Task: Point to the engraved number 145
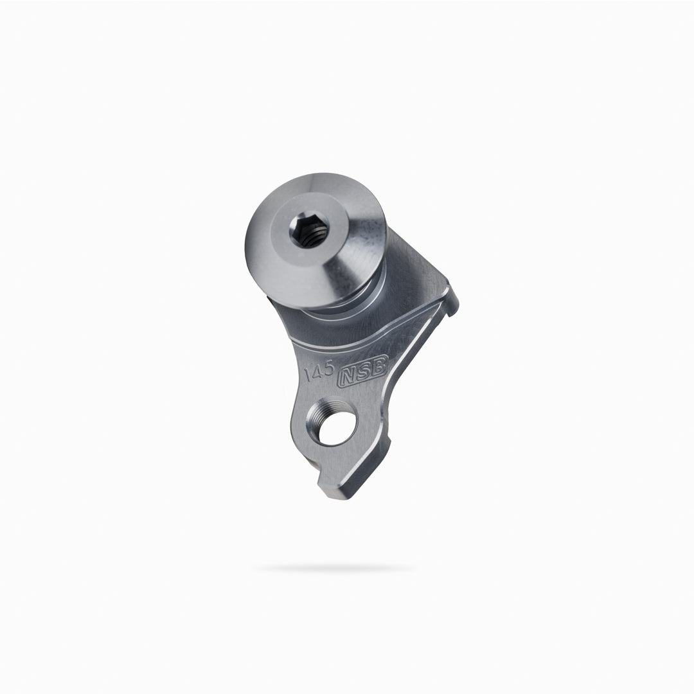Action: click(319, 370)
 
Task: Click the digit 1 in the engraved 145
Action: click(308, 375)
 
